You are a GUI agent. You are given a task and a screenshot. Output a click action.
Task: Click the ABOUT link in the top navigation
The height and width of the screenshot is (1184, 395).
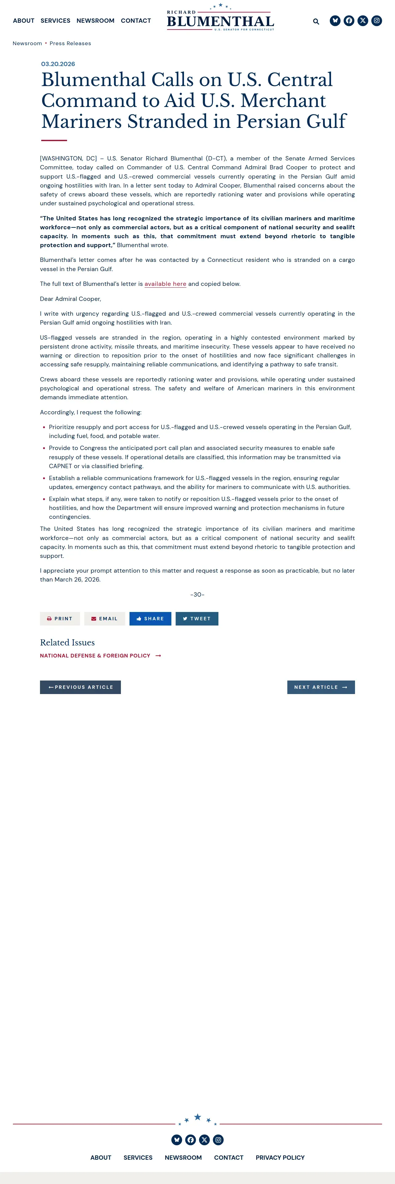coord(23,21)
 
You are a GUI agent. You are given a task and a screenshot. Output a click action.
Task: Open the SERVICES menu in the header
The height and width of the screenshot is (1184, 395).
coord(55,21)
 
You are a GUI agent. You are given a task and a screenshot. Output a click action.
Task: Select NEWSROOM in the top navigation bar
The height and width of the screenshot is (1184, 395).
coord(95,21)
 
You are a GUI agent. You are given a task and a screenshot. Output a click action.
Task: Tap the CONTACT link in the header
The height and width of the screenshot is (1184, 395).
coord(136,21)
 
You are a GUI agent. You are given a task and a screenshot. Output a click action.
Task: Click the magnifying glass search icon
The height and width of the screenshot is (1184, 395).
coord(316,21)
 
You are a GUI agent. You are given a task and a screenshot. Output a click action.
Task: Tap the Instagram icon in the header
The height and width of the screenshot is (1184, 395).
coord(377,21)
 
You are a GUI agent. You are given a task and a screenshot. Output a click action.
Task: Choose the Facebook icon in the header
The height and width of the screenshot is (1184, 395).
coord(349,21)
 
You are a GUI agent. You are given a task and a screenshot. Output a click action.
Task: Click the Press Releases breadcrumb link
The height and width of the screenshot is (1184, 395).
coord(70,44)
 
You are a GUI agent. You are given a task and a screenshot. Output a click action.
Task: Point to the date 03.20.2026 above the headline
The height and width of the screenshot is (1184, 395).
coord(58,64)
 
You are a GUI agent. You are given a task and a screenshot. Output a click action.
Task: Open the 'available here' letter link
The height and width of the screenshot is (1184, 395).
coord(165,284)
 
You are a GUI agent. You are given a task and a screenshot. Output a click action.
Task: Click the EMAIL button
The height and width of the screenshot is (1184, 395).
coord(104,619)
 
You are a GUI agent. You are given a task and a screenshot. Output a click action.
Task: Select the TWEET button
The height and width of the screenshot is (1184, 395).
coord(197,619)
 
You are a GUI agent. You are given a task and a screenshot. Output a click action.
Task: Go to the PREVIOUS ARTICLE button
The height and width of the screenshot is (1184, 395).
coord(81,687)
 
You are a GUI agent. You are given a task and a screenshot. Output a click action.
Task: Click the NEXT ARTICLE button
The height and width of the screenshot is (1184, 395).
coord(321,687)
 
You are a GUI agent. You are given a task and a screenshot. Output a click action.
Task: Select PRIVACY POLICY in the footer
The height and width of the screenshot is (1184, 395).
coord(280,1157)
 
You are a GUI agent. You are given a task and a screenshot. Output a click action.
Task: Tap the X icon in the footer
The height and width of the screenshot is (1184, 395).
coord(204,1139)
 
